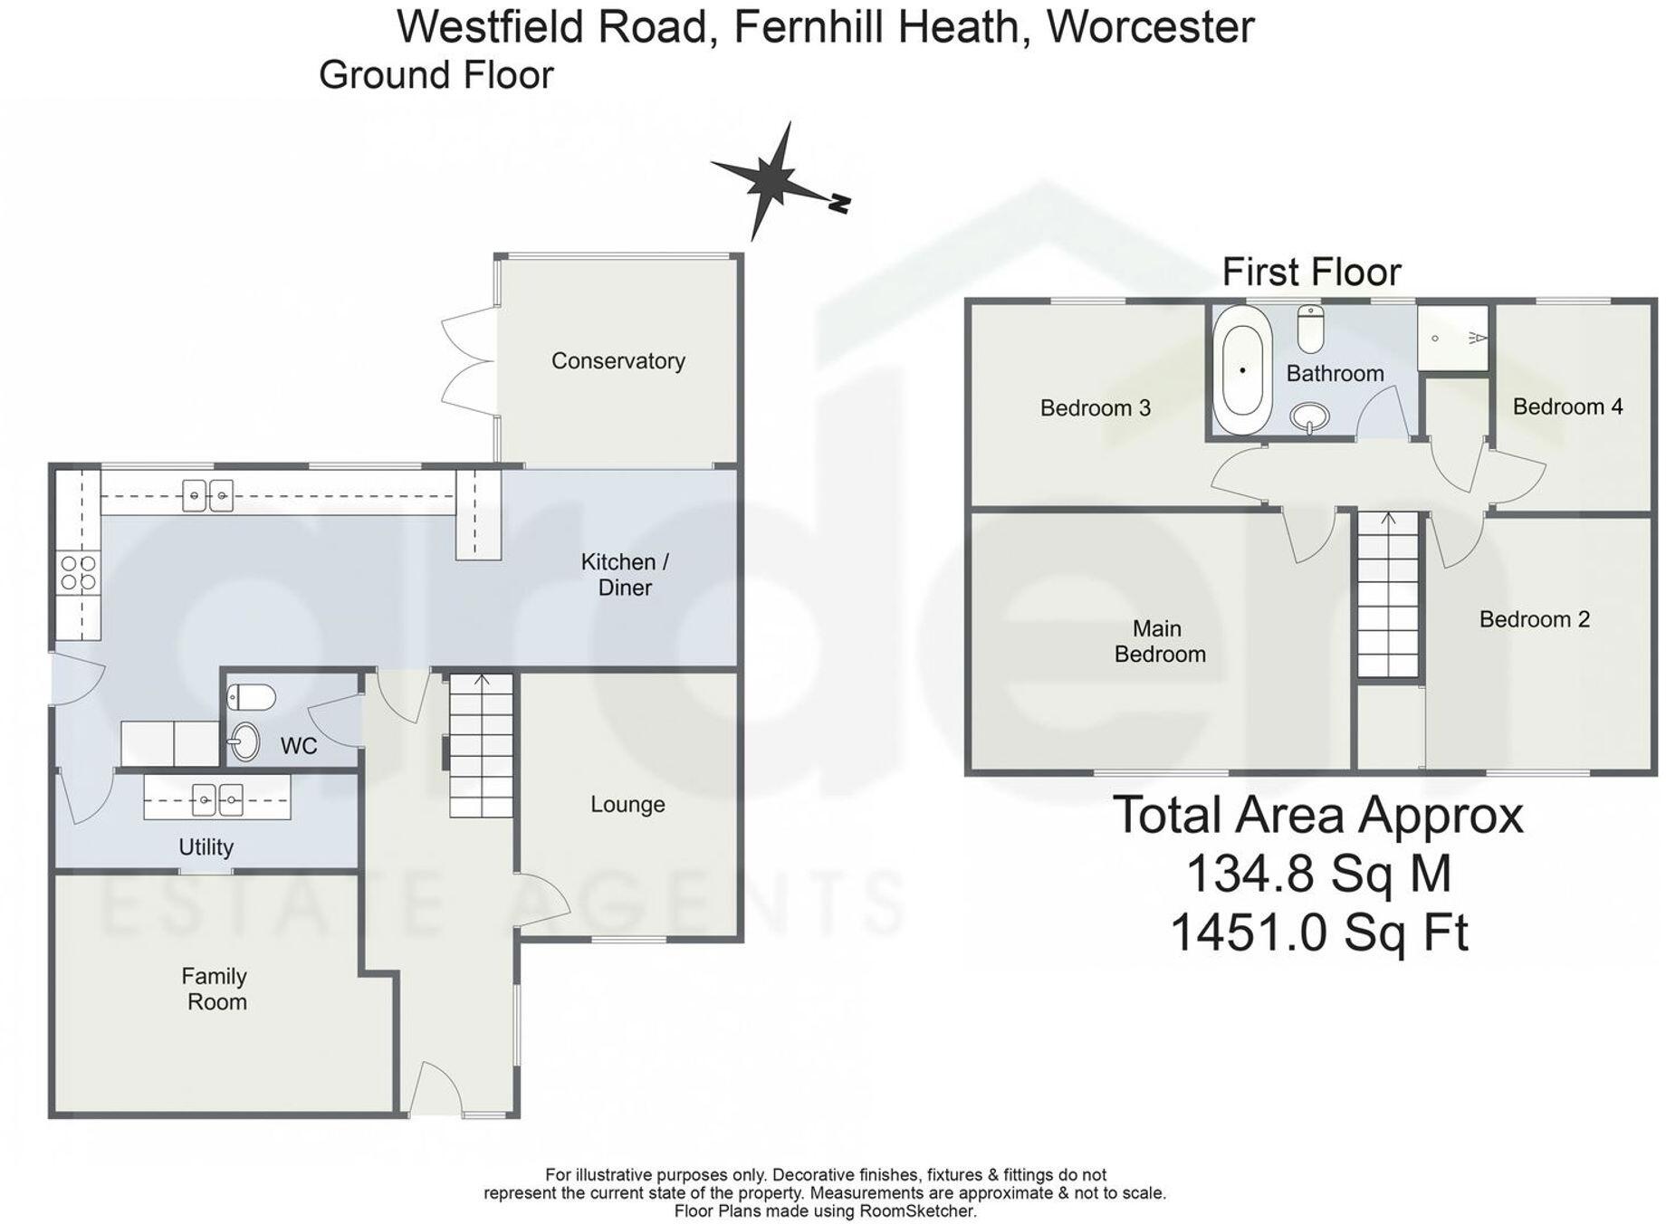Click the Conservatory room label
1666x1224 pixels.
coord(618,360)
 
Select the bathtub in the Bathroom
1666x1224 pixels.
coord(1242,370)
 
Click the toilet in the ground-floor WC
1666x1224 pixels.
coord(251,698)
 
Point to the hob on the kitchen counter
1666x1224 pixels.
coord(78,573)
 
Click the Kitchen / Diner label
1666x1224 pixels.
coord(624,574)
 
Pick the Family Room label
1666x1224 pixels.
coord(215,989)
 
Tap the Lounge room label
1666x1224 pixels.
coord(627,804)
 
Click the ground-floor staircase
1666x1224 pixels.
coord(481,746)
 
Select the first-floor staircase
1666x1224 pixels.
coord(1387,594)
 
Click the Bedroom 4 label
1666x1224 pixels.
coord(1567,406)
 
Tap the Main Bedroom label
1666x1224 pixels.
coord(1159,641)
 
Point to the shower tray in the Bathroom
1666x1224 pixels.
coord(1452,338)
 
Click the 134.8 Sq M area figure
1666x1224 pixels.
coord(1318,875)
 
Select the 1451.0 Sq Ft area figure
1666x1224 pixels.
coord(1318,932)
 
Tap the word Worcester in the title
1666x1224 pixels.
coord(1150,25)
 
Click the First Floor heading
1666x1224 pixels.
coord(1311,272)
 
